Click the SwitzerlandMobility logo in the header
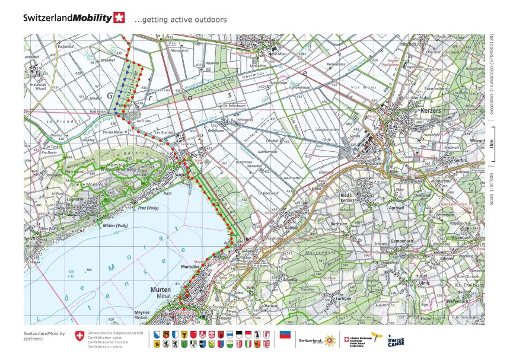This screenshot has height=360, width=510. point(74,18)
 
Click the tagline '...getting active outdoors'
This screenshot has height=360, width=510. point(180,20)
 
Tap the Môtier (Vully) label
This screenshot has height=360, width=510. point(116,226)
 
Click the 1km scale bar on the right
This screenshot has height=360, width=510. point(492,144)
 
